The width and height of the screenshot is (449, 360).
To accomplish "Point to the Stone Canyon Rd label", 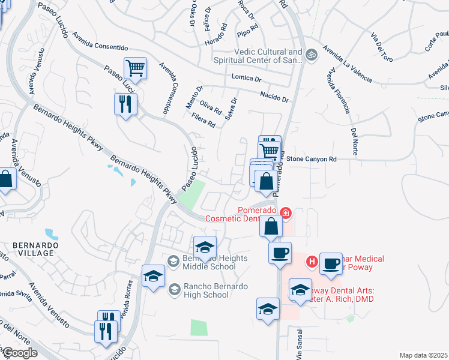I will click(311, 159).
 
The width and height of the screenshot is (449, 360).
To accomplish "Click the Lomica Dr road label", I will click(246, 79).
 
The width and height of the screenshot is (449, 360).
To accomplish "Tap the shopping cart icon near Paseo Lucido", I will click(136, 68).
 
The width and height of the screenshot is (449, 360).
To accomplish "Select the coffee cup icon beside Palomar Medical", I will click(330, 263).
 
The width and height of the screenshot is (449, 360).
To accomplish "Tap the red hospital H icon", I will click(312, 261).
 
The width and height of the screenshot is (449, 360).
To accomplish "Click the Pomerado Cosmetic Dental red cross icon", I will click(286, 212).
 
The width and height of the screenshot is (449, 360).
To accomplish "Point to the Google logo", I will click(19, 353).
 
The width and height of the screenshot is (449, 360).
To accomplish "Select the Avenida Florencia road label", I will click(339, 90).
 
